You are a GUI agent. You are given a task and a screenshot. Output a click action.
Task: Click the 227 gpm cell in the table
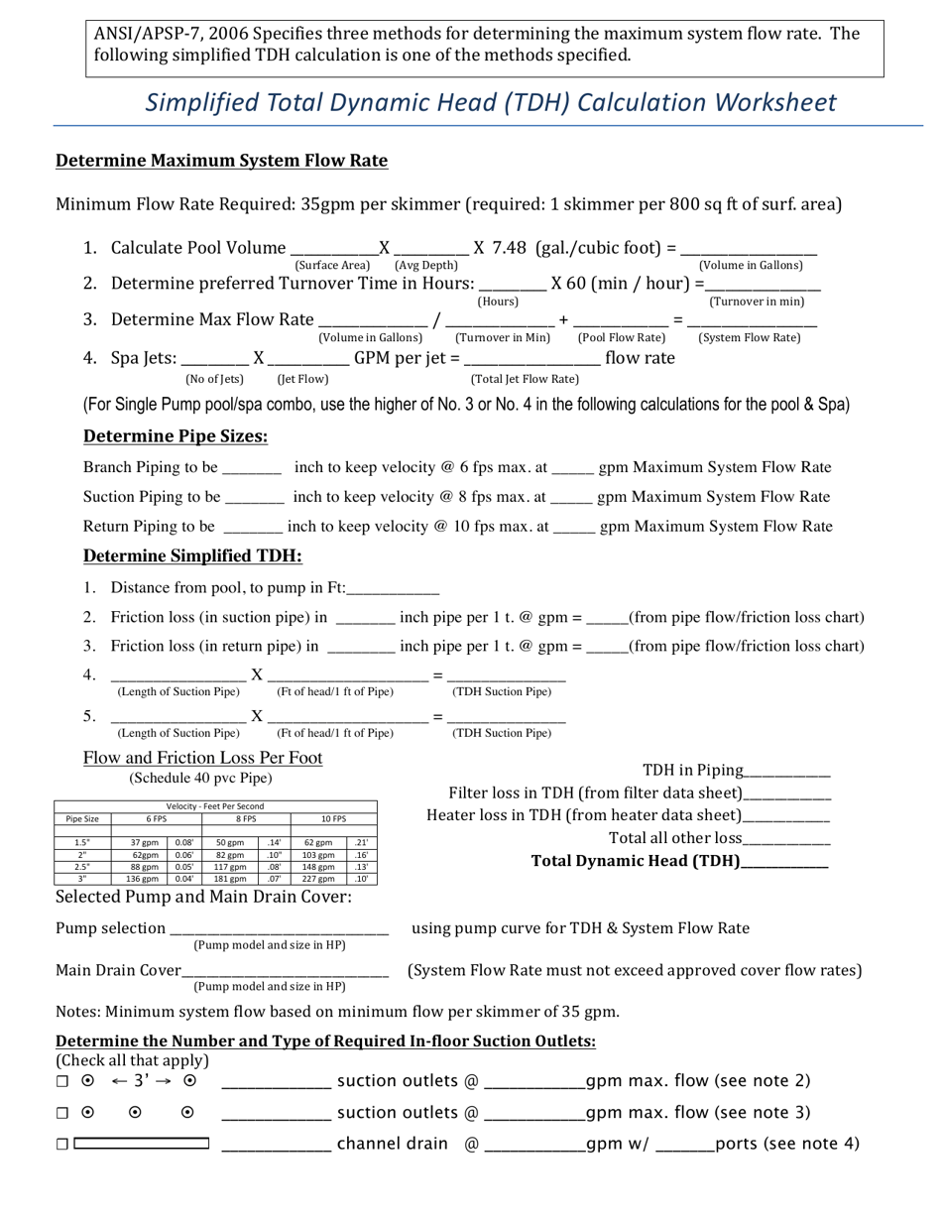pyautogui.click(x=318, y=879)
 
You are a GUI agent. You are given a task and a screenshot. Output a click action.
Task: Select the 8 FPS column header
pyautogui.click(x=246, y=819)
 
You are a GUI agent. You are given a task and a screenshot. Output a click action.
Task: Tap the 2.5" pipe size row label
pyautogui.click(x=82, y=867)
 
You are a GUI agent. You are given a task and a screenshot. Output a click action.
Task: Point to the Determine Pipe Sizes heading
pyautogui.click(x=176, y=436)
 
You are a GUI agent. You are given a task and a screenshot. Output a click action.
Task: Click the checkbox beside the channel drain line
pyautogui.click(x=62, y=1144)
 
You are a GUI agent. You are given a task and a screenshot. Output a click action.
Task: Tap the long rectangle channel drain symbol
pyautogui.click(x=142, y=1144)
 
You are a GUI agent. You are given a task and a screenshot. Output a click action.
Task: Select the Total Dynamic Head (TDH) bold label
pyautogui.click(x=636, y=861)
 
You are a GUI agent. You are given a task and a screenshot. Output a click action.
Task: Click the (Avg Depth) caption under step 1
pyautogui.click(x=426, y=266)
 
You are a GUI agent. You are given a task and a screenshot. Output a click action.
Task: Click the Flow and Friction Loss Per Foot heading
pyautogui.click(x=203, y=758)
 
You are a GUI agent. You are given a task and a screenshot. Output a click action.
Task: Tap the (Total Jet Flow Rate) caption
pyautogui.click(x=525, y=379)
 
